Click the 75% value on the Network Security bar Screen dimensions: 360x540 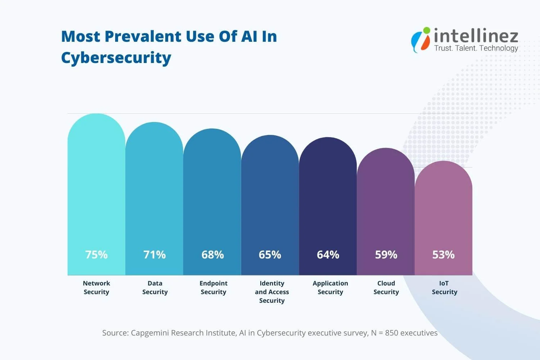tap(96, 255)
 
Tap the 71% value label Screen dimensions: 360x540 tap(154, 255)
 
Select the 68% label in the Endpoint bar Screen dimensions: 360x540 tap(212, 255)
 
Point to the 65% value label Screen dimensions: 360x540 tap(270, 255)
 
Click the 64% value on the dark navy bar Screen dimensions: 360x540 tap(328, 255)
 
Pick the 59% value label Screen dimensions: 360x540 tap(386, 255)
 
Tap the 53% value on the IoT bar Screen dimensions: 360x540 tap(443, 255)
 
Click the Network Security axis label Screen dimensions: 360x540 tap(96, 288)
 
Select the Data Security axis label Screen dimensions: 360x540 tap(155, 288)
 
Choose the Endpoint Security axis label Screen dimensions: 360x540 tap(213, 288)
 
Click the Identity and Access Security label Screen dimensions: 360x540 tap(272, 292)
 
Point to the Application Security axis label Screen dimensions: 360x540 tap(330, 288)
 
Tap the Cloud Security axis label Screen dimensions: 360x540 tap(386, 288)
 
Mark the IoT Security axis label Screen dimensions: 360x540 tap(444, 288)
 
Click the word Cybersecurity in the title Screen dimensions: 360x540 tap(116, 58)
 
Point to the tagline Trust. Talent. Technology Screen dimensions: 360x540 tap(476, 48)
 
